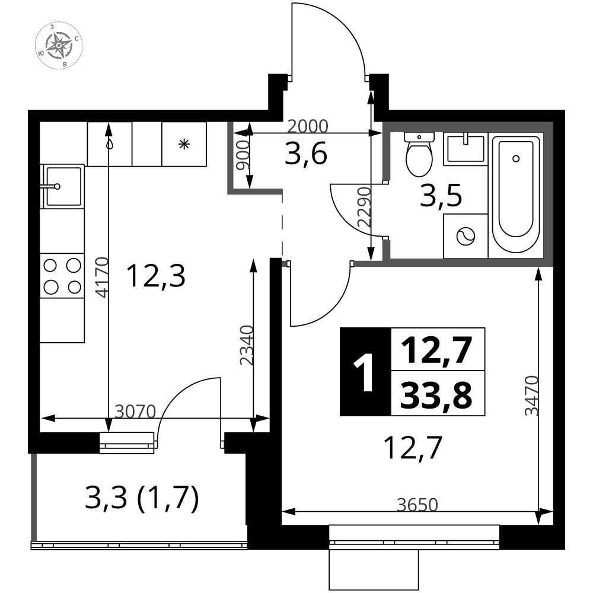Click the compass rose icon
(x=59, y=46)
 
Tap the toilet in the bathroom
(x=419, y=154)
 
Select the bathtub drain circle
(x=516, y=159)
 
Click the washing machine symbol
(x=466, y=237)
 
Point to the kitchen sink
(x=62, y=186)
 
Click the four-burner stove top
(x=62, y=276)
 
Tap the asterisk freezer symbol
(x=184, y=144)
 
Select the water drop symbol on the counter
(x=110, y=144)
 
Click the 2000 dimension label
(x=307, y=126)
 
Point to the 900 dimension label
(x=243, y=155)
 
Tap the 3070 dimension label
(x=135, y=411)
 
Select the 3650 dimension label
(x=417, y=505)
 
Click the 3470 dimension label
(x=531, y=396)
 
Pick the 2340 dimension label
(x=246, y=345)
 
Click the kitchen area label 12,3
(x=156, y=276)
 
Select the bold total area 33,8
(x=436, y=395)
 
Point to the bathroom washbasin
(x=465, y=149)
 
